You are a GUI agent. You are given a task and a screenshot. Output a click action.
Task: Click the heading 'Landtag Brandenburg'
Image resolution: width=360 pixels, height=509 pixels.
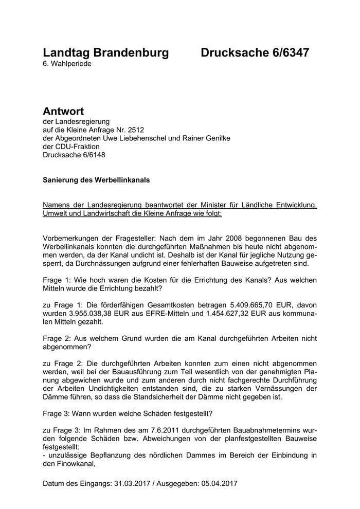[x=106, y=52]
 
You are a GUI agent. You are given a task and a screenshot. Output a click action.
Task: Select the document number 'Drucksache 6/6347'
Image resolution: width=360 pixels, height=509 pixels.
[x=255, y=52]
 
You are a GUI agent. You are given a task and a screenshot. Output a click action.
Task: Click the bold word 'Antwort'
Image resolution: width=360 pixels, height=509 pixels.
[x=63, y=112]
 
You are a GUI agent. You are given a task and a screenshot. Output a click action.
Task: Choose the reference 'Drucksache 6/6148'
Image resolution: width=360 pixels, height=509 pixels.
[x=75, y=154]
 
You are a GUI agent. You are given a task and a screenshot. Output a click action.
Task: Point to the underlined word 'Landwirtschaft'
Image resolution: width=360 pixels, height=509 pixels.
[x=116, y=214]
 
